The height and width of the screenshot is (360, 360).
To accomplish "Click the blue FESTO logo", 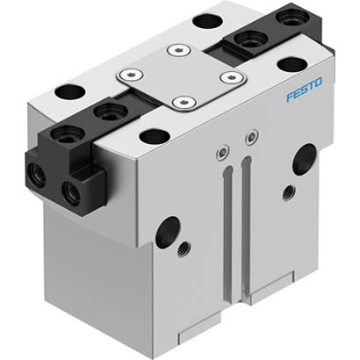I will click(x=303, y=89).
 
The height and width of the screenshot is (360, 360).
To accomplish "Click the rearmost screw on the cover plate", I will click(x=180, y=51).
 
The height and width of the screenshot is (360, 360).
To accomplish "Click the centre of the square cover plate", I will click(x=183, y=76).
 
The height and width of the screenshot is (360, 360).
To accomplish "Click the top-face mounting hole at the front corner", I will click(x=153, y=136).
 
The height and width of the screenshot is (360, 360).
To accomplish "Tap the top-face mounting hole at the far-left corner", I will click(x=68, y=90).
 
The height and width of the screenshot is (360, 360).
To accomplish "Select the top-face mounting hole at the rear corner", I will click(x=206, y=20).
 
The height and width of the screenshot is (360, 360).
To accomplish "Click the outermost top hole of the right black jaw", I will click(x=287, y=17).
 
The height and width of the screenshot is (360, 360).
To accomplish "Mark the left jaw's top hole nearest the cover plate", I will click(x=111, y=111).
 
